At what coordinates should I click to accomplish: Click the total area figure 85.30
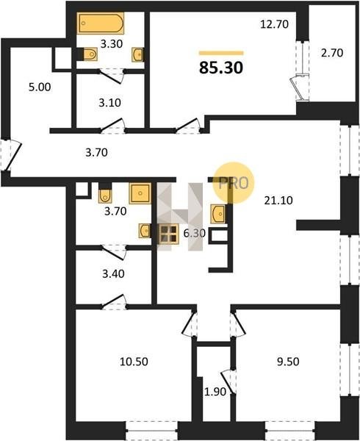[x=221, y=68]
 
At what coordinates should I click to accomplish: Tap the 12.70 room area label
[x=274, y=24]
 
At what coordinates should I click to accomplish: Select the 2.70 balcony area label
[x=332, y=53]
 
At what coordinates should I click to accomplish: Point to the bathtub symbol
[x=101, y=23]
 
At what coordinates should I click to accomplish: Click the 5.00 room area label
[x=40, y=87]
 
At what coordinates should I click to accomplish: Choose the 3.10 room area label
[x=110, y=103]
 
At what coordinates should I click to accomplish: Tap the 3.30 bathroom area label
[x=112, y=44]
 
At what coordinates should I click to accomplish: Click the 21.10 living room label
[x=278, y=200]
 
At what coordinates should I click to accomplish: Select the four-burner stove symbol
[x=169, y=234]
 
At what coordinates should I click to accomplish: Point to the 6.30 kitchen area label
[x=194, y=233]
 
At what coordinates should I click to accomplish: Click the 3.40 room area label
[x=113, y=273]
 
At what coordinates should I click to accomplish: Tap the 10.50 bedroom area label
[x=134, y=362]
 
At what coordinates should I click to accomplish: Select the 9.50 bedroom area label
[x=288, y=362]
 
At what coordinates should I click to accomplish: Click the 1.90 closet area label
[x=215, y=392]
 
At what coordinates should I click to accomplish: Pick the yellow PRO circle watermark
[x=233, y=182]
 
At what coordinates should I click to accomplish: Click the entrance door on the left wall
[x=10, y=155]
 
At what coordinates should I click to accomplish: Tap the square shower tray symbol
[x=140, y=193]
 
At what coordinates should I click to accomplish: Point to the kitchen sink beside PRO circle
[x=217, y=214]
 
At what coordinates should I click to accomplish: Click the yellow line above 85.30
[x=221, y=53]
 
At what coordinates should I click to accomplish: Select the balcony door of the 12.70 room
[x=299, y=87]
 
